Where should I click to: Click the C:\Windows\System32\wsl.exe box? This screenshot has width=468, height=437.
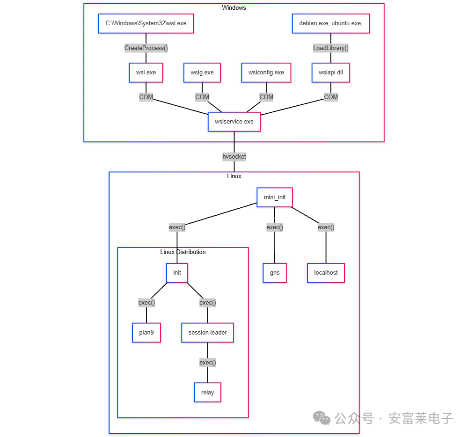click(146, 23)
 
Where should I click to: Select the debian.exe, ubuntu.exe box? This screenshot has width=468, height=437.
click(330, 23)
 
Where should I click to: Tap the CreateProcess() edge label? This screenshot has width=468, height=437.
click(146, 48)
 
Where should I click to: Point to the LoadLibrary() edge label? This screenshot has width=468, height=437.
click(330, 48)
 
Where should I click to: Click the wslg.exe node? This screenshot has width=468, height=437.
click(202, 73)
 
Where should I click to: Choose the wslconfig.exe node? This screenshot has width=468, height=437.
click(266, 73)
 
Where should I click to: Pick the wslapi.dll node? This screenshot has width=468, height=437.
click(330, 73)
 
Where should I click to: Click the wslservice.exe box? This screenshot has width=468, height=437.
click(234, 122)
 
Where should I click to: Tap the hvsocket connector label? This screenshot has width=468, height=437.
click(234, 157)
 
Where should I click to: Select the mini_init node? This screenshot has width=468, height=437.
click(274, 197)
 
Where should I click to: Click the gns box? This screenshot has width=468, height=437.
click(274, 273)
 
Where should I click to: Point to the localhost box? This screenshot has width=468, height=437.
click(326, 273)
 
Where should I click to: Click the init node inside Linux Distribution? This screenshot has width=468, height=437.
click(177, 273)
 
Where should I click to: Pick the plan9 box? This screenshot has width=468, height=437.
click(146, 333)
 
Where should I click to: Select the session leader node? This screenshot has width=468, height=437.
click(207, 333)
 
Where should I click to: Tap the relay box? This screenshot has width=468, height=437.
click(207, 392)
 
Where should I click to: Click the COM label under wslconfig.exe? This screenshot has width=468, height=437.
click(266, 97)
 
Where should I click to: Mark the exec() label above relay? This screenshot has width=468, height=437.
click(207, 362)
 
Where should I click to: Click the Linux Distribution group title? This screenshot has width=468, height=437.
click(183, 252)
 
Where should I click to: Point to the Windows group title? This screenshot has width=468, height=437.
click(234, 7)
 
